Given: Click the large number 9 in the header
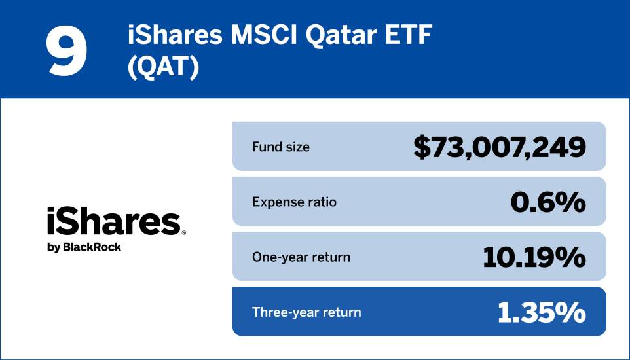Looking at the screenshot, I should pos(66,50).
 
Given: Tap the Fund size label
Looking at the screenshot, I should pos(281,147).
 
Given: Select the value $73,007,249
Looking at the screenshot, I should pos(499,147).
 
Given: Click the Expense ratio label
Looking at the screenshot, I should pos(294,202).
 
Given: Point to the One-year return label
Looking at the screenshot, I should pos(301,257).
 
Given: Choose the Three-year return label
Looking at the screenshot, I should pos(306,312).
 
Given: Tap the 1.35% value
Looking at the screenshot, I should pos(541,313).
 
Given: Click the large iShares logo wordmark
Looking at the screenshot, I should pos(113,223).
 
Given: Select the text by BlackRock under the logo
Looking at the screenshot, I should pos(84,247).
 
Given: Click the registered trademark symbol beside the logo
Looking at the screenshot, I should pos(184,232).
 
